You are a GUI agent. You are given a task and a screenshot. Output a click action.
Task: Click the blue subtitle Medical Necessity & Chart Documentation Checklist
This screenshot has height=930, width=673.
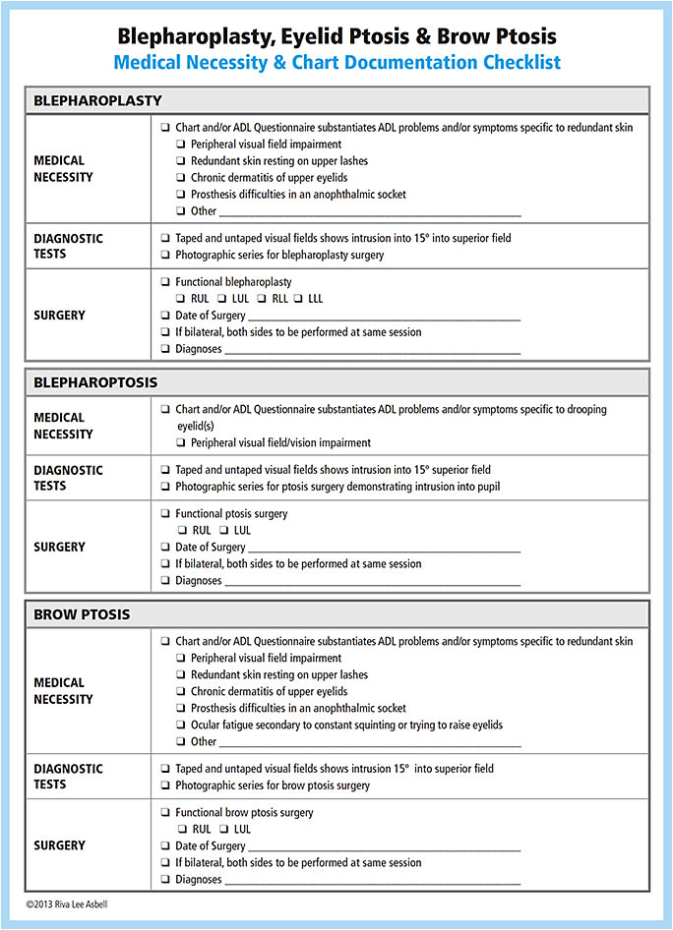tap(336, 63)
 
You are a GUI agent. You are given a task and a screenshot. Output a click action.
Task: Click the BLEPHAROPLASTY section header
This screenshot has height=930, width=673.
tap(97, 100)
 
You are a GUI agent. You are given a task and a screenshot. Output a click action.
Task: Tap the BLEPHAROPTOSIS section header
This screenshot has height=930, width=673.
tap(95, 382)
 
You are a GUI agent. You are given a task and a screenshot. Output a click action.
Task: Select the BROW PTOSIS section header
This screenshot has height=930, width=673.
tap(82, 614)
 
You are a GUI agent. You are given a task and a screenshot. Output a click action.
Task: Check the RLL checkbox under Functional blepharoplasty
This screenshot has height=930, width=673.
tap(263, 299)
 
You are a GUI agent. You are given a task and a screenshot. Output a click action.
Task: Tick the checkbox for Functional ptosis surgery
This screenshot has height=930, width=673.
tap(165, 514)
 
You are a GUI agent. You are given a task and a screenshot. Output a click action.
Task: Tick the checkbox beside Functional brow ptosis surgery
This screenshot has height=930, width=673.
tap(165, 813)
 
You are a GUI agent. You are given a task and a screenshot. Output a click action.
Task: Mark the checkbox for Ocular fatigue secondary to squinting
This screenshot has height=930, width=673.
tap(181, 726)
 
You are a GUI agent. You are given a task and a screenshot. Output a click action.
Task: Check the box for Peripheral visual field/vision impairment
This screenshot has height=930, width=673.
tap(181, 443)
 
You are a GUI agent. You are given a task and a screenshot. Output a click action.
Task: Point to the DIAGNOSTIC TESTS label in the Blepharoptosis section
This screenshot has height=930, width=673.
tap(68, 478)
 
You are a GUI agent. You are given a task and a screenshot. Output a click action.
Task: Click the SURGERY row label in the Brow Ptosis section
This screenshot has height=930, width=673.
tap(59, 845)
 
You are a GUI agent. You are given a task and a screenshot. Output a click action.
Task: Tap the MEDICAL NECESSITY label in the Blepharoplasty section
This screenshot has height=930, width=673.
tap(63, 169)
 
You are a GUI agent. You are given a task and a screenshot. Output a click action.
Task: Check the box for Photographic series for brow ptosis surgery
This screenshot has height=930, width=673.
tap(165, 785)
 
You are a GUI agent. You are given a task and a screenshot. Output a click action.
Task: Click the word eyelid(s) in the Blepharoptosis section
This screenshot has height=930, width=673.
tap(195, 427)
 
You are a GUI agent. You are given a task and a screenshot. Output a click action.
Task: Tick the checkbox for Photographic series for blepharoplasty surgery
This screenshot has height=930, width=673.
tap(165, 255)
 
